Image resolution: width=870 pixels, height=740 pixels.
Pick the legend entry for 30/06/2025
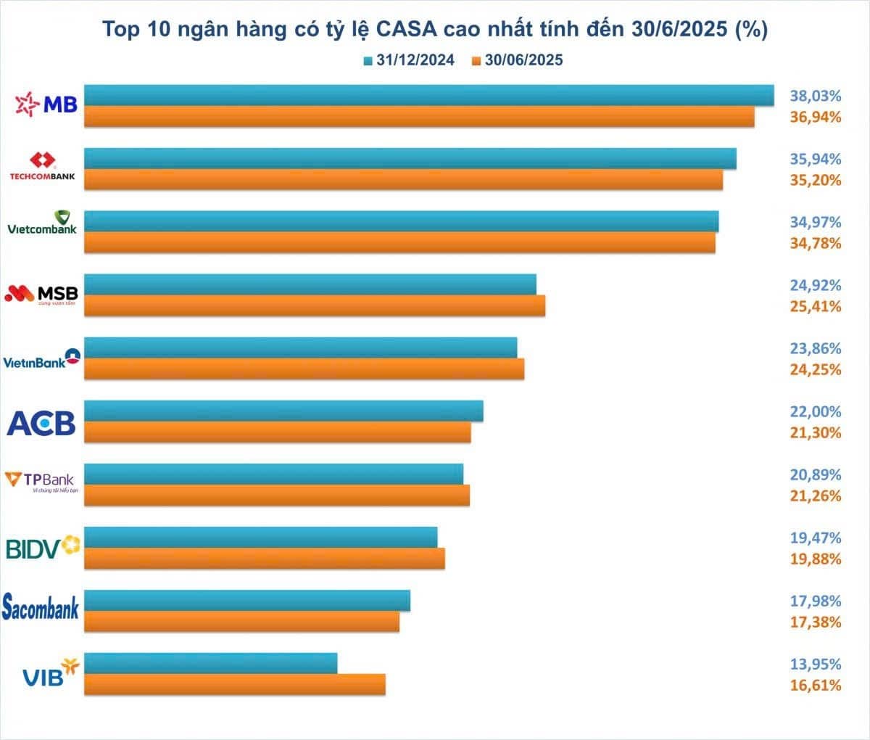click(x=517, y=61)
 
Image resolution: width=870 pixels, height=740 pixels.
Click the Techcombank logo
click(x=42, y=167)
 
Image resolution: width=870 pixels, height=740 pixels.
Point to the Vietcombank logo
click(x=42, y=223)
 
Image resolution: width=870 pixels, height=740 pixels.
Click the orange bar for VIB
click(x=235, y=684)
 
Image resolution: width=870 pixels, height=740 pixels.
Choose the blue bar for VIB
click(x=211, y=663)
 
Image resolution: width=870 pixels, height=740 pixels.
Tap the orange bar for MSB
click(x=315, y=305)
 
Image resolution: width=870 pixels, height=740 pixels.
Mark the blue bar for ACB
click(x=283, y=411)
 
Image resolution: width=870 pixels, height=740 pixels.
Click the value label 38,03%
click(x=815, y=96)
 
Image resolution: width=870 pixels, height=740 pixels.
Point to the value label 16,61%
click(x=815, y=685)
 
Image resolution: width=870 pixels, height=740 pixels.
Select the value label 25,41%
click(x=815, y=306)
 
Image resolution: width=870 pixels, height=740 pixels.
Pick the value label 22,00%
click(x=815, y=411)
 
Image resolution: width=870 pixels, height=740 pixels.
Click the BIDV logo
click(x=42, y=547)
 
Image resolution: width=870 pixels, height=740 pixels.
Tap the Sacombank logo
click(x=41, y=608)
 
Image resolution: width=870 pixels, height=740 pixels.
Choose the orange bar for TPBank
click(x=277, y=495)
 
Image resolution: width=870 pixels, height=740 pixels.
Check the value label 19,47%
click(x=815, y=538)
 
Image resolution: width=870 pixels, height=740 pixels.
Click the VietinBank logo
click(x=42, y=358)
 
